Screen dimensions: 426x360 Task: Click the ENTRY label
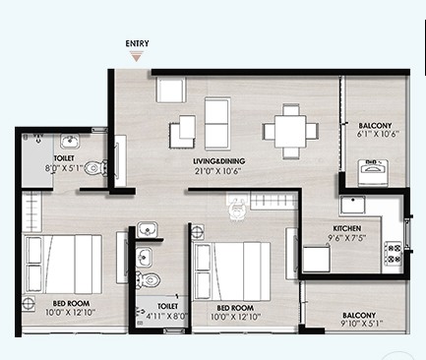tap(137, 43)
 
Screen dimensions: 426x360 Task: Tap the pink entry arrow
tap(136, 56)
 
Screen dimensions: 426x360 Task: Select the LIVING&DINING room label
tap(218, 161)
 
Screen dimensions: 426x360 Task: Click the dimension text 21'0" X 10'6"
tap(218, 171)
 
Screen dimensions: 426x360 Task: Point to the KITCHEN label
tap(347, 228)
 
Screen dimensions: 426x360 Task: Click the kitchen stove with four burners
tap(393, 253)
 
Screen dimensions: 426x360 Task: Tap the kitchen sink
tap(352, 205)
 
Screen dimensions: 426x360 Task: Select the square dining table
tap(290, 132)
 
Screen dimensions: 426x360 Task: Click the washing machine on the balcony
tap(372, 173)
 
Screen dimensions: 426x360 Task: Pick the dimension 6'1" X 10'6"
tap(378, 134)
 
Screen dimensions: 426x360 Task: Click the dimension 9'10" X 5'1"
tap(361, 324)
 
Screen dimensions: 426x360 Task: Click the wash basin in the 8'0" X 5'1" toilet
tap(70, 142)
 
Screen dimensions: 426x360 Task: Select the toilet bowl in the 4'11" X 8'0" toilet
tap(148, 279)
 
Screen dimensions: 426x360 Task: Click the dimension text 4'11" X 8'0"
tap(166, 316)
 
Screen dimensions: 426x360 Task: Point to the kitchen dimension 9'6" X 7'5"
tap(346, 237)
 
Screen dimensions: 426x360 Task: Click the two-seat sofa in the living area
tap(216, 123)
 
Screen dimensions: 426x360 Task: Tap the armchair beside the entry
tap(171, 90)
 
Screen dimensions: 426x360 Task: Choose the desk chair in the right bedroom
tap(236, 209)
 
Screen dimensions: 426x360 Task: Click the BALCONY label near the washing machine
tap(375, 126)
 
